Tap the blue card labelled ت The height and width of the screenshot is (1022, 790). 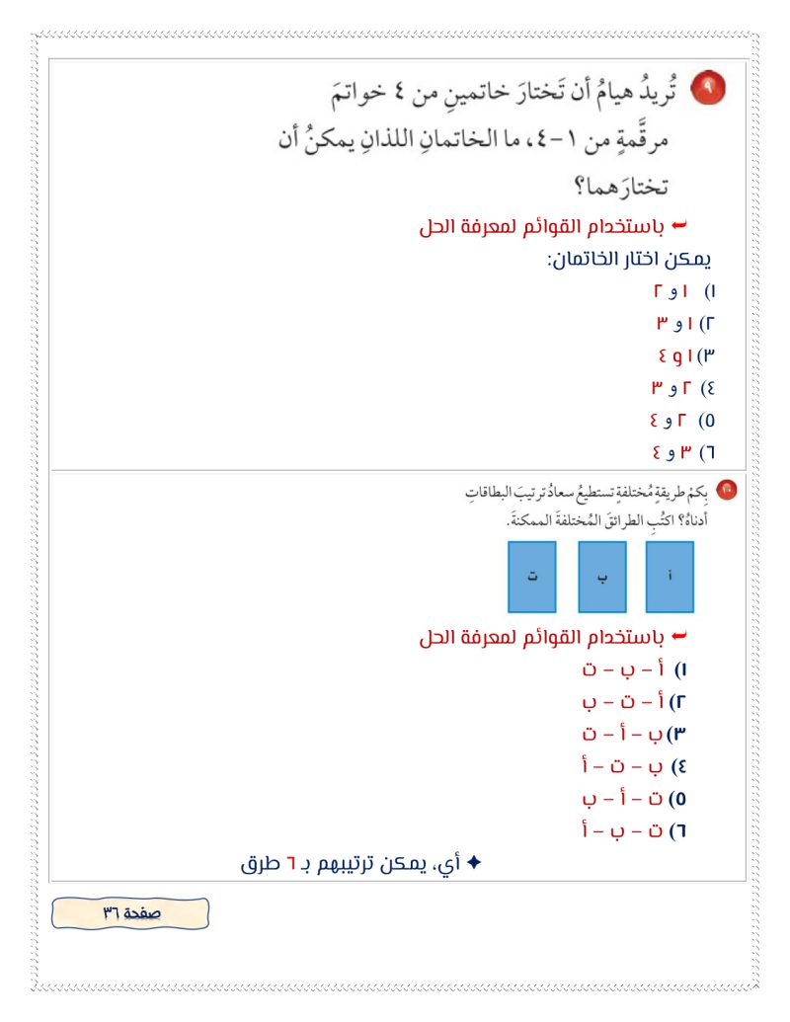(531, 576)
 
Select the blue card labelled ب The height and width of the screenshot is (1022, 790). (602, 576)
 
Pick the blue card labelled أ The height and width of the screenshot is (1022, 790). (670, 576)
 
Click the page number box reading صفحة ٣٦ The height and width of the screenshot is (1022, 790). (130, 913)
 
